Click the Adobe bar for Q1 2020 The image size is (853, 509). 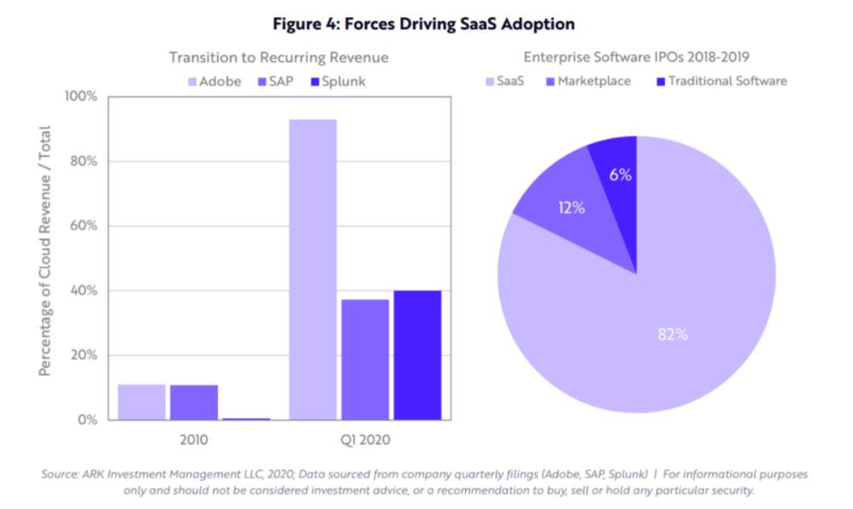tap(313, 269)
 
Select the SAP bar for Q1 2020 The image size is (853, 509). tap(365, 360)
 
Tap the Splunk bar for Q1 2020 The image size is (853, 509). tap(417, 355)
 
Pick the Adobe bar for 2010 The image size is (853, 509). tap(142, 402)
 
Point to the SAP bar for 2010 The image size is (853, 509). tap(194, 402)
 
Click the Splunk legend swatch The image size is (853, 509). tap(315, 82)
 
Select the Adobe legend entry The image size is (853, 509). tap(214, 82)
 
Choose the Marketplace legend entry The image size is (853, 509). tap(588, 82)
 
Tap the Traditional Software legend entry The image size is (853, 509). tap(722, 82)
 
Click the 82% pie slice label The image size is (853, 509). tap(672, 334)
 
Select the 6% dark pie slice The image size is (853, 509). tap(618, 179)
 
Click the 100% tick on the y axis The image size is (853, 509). tap(80, 97)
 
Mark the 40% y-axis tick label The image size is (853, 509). tap(84, 291)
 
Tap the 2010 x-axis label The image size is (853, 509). tap(194, 439)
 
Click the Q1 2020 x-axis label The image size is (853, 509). tap(365, 439)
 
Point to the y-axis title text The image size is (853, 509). tap(44, 252)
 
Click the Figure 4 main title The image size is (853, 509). tap(424, 24)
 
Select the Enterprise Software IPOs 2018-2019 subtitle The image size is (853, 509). tap(636, 57)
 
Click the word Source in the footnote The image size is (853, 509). tap(59, 474)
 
